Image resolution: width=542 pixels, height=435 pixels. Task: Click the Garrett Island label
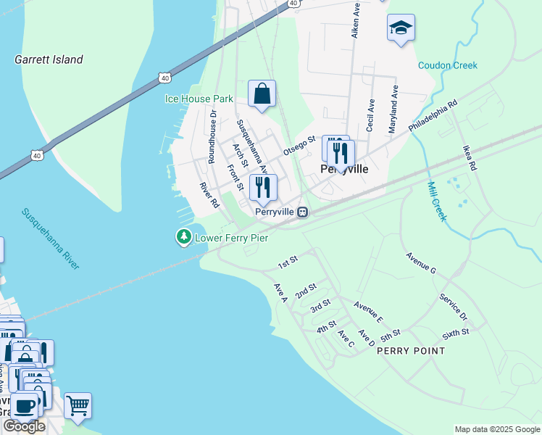tap(49, 59)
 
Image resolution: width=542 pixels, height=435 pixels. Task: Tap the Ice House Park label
tap(199, 99)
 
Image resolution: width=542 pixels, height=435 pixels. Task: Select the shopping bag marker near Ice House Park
tap(262, 94)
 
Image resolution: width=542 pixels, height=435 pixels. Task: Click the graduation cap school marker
tap(401, 29)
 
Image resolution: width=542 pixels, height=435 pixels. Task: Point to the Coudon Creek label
tap(448, 65)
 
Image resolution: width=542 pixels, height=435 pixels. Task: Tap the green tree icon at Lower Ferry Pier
tap(184, 236)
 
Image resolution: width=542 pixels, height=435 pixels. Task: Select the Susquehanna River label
tap(50, 239)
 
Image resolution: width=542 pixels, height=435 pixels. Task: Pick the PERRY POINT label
tap(416, 351)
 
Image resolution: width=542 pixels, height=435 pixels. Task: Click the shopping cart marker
tap(78, 406)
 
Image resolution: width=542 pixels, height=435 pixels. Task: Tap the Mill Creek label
tap(439, 202)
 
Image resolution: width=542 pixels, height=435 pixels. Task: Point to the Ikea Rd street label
tap(470, 157)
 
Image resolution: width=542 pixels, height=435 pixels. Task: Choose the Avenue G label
tap(421, 263)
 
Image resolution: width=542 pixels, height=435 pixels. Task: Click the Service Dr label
tap(454, 306)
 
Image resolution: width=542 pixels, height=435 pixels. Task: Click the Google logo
tap(24, 426)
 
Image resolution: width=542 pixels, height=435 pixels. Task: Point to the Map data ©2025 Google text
tap(496, 429)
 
